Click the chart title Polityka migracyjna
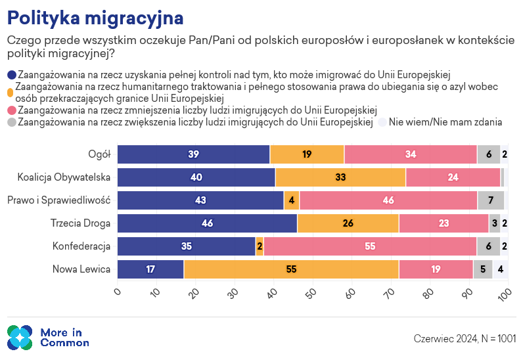(x=95, y=16)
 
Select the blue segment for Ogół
(x=194, y=154)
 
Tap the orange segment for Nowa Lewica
(x=291, y=269)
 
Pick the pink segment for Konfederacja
(x=370, y=246)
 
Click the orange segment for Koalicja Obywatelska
(x=340, y=177)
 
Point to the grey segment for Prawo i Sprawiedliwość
(x=491, y=200)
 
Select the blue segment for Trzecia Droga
(x=207, y=223)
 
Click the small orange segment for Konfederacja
(x=260, y=246)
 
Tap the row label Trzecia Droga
(x=80, y=223)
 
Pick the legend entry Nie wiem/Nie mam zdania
(x=445, y=122)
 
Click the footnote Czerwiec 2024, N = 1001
(x=465, y=338)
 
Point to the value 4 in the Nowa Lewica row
(x=501, y=269)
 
